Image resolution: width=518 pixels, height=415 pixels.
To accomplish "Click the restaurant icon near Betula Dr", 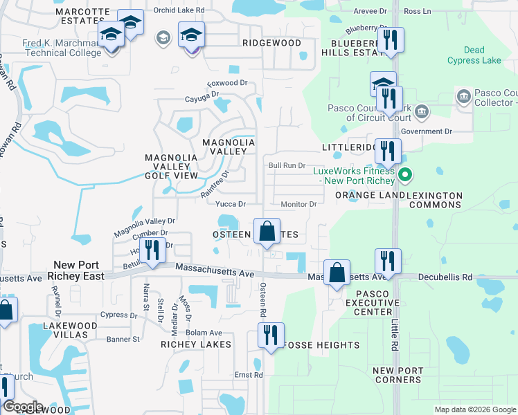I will (152, 252).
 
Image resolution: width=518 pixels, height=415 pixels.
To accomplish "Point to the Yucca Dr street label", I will (231, 204).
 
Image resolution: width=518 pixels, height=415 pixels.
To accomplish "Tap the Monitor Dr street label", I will (298, 204).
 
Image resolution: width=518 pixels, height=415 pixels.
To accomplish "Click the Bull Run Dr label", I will (287, 166).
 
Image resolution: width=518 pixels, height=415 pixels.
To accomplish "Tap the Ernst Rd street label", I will (249, 376).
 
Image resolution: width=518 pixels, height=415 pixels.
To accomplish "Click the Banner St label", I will (123, 339).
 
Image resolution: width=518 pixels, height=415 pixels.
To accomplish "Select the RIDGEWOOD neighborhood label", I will (272, 43).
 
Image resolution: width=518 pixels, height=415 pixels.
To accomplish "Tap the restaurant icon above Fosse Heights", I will (270, 335).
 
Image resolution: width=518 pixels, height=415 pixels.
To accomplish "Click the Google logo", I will (23, 407).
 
